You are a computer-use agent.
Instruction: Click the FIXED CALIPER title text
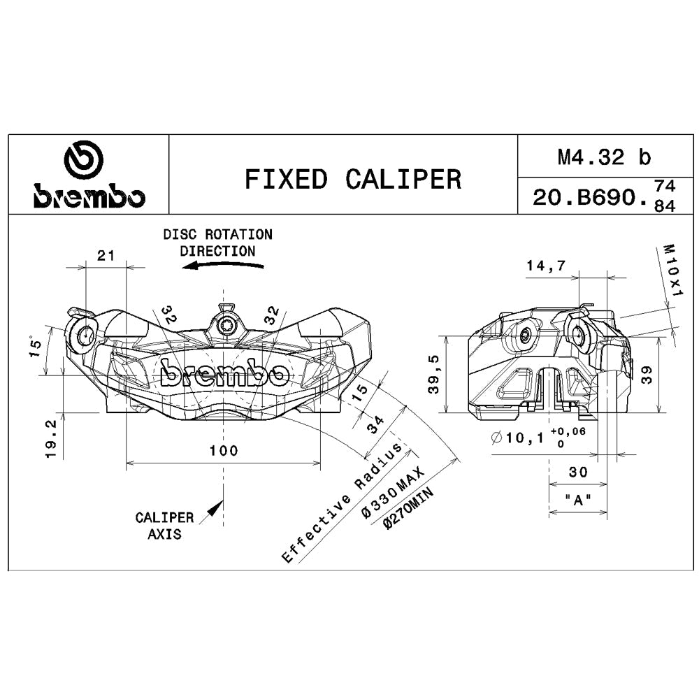352,180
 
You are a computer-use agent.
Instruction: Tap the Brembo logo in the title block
89,178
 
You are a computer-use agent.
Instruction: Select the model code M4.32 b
603,157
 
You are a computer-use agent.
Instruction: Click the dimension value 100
224,451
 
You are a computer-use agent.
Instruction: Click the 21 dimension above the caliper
106,256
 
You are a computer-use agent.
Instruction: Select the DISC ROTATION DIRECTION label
217,242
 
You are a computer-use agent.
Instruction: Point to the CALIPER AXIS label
165,526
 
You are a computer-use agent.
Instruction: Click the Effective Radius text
343,503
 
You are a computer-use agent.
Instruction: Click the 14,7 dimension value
546,265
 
